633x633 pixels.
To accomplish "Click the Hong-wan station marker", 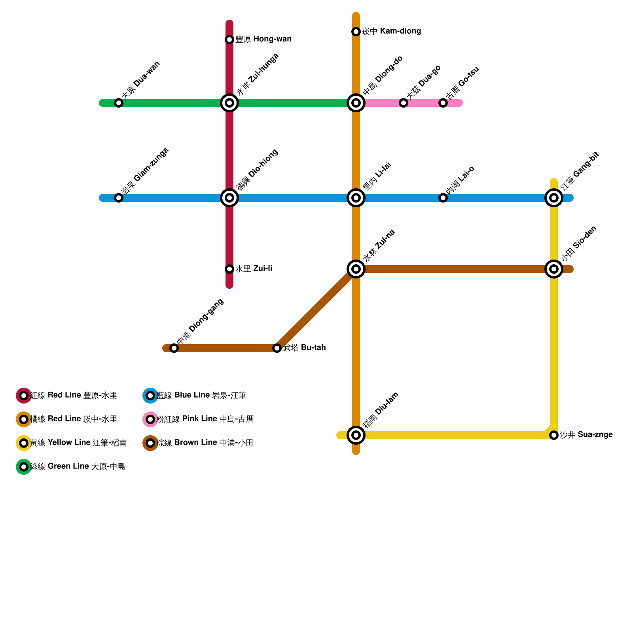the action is pos(229,40).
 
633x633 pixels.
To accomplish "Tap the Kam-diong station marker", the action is pos(356,32).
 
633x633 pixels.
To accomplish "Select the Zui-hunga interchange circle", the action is pos(229,103).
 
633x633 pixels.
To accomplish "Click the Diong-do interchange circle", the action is pos(356,103).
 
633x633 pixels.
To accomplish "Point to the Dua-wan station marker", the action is pos(119,103).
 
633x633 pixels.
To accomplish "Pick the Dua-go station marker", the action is pos(404,103).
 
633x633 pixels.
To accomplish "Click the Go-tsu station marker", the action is pos(443,103).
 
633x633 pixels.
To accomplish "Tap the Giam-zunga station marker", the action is pos(119,198).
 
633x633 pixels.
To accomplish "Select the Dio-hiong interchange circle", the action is pos(229,198).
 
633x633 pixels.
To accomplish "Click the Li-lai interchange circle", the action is pos(356,198).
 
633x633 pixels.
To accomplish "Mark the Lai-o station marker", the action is pos(443,198).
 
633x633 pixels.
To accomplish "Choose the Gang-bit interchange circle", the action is pos(554,198).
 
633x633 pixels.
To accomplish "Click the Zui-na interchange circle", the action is pos(356,269).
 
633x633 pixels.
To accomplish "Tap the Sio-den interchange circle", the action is pos(554,269).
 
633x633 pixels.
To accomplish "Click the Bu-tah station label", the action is pos(304,348).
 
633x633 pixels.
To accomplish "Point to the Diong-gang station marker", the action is pos(174,348).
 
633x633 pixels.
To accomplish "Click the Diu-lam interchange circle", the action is pos(356,435).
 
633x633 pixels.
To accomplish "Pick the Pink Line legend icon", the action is pos(150,419).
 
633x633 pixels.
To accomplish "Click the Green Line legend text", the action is pos(78,467).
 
